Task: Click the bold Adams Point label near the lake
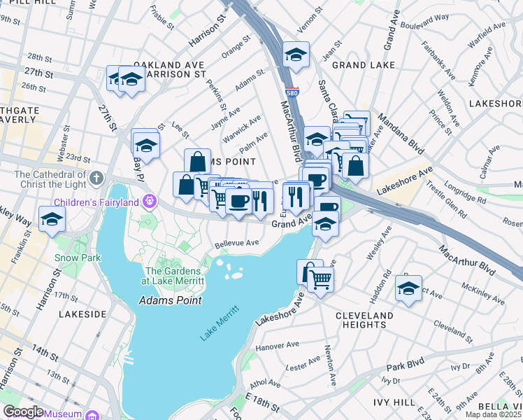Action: [x=171, y=300]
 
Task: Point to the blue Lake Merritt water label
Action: [x=220, y=323]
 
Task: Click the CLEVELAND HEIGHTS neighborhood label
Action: [x=364, y=321]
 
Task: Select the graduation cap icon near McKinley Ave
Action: [x=408, y=288]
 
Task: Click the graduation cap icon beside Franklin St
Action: [x=52, y=220]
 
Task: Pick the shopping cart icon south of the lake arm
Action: [x=320, y=278]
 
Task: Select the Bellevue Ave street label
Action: [x=237, y=244]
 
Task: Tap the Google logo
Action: [x=23, y=412]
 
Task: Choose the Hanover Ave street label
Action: [x=278, y=346]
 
